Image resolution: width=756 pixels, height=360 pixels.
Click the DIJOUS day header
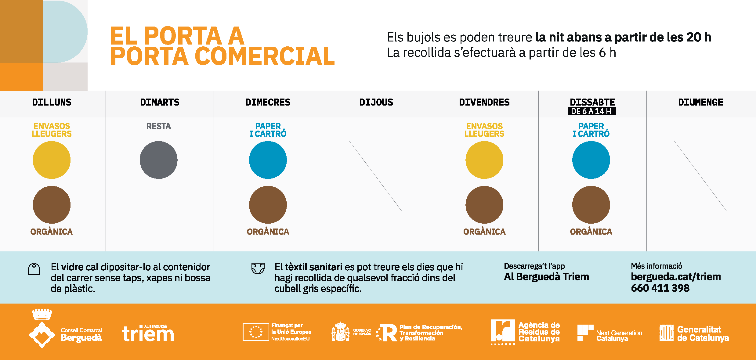(376, 102)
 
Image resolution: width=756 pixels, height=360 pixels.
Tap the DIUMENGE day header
(700, 102)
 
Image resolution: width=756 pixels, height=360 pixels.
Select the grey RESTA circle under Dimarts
(158, 160)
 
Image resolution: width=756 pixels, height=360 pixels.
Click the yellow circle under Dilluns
(52, 160)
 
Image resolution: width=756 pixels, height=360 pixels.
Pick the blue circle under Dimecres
(268, 160)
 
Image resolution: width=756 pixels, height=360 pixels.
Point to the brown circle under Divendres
(484, 205)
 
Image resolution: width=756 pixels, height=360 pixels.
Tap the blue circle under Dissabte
(591, 160)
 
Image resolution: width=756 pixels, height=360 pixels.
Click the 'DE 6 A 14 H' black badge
(591, 111)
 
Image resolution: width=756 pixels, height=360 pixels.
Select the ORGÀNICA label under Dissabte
(591, 232)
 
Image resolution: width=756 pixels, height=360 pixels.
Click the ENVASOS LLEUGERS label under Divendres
(484, 130)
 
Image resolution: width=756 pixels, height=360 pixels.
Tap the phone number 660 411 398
(660, 288)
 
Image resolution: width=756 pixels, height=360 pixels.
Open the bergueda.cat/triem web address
(676, 277)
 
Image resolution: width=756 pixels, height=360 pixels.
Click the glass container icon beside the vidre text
(34, 269)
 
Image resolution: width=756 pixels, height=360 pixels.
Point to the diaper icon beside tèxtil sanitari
(258, 268)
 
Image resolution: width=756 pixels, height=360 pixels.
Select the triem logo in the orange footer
(148, 333)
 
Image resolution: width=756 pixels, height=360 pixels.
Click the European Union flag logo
(255, 332)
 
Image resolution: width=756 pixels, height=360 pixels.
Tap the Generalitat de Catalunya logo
(694, 333)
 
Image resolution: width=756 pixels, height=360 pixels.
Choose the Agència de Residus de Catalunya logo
(525, 332)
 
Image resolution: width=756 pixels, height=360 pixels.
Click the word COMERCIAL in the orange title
(265, 56)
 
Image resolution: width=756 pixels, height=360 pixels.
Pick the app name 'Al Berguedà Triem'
(546, 277)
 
